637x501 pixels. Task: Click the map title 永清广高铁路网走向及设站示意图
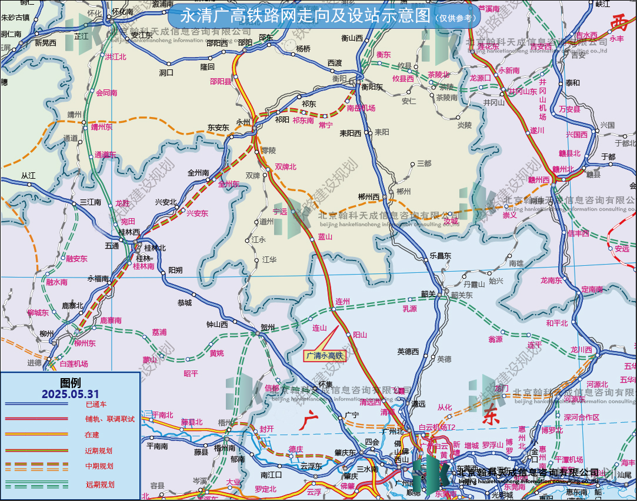coord(305,16)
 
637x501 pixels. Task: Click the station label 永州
coord(243,122)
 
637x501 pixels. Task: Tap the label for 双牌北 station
coord(286,167)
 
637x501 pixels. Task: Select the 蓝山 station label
coord(325,236)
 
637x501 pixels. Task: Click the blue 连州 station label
coord(342,302)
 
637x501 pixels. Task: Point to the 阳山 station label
coord(360,335)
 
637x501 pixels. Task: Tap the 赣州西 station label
coord(538,180)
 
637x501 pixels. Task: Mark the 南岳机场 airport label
coord(361,108)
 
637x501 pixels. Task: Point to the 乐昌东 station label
coord(440,256)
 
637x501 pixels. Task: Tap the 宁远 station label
coord(280,211)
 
